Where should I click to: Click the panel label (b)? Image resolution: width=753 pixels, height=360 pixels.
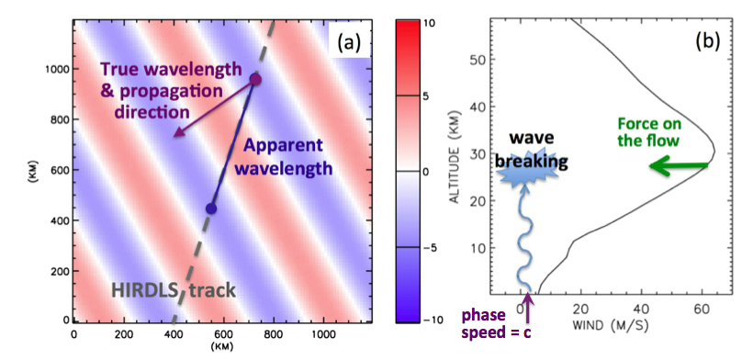coord(707,41)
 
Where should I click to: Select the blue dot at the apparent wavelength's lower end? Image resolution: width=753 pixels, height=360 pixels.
coord(211,208)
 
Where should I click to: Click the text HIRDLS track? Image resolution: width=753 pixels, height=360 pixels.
coord(174,290)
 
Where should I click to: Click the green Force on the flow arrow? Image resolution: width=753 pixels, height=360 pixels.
coord(678,166)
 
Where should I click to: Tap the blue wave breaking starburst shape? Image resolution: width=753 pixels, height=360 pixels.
coord(526,173)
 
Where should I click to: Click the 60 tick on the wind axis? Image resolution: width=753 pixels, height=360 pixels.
coord(702,309)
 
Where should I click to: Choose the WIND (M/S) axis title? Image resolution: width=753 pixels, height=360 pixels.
coord(611,325)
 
